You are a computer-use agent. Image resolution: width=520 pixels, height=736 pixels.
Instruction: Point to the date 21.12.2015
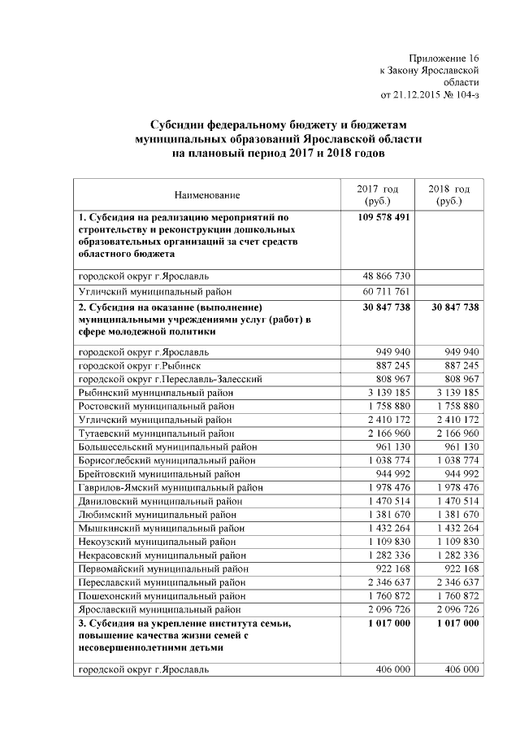point(420,94)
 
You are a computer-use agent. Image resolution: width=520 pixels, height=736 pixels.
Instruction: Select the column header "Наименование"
point(207,195)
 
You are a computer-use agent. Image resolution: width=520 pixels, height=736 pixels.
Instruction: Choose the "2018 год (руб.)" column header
point(448,194)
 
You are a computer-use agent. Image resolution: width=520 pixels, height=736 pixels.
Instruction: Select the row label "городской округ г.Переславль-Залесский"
point(171,379)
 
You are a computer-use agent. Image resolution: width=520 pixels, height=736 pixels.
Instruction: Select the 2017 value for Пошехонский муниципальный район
point(386,595)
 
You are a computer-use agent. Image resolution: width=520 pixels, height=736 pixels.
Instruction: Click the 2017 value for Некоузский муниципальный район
point(386,542)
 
